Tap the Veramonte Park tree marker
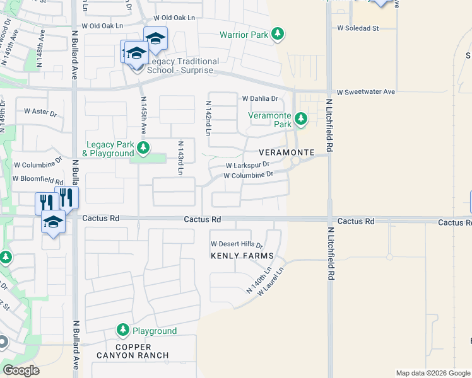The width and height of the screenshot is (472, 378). [x=301, y=118]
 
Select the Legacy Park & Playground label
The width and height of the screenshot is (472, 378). [x=109, y=149]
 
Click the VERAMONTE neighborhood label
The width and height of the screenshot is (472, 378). [x=286, y=153]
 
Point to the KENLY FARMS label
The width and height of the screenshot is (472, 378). [x=243, y=256]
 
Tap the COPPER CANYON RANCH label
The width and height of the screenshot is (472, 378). [x=133, y=351]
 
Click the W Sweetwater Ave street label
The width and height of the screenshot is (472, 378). [x=365, y=91]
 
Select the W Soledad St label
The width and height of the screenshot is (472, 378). [x=357, y=28]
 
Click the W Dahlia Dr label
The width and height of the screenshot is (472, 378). [x=260, y=98]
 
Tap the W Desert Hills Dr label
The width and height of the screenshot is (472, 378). [x=236, y=244]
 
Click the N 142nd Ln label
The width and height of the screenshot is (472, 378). [x=208, y=117]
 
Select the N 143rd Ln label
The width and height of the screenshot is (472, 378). [x=180, y=157]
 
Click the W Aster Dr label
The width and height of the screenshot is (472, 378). [x=40, y=111]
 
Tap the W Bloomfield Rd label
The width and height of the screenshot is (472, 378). [x=38, y=181]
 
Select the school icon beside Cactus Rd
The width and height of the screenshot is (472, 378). [x=54, y=222]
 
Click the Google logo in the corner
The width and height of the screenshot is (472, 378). [x=21, y=370]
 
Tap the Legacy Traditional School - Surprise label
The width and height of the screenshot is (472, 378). [x=183, y=66]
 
